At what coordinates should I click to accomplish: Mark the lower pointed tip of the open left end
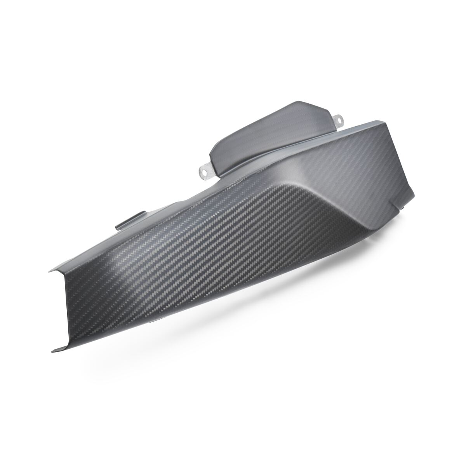coord(53,352)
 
